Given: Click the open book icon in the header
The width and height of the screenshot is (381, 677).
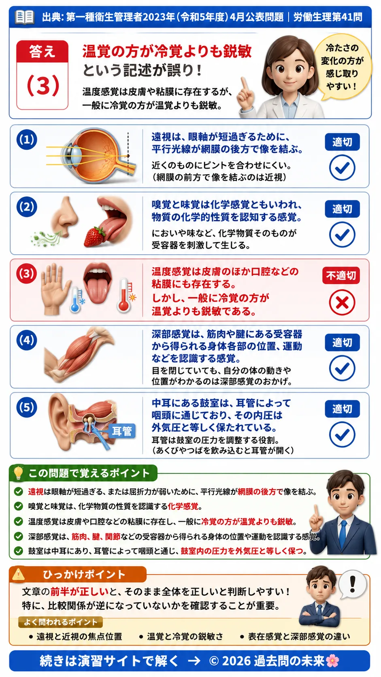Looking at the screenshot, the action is coord(25,17).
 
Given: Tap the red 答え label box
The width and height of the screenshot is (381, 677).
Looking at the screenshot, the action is coord(42,51).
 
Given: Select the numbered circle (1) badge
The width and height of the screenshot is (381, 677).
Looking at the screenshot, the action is coord(27,140).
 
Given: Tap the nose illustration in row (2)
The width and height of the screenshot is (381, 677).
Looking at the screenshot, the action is coord(64,217).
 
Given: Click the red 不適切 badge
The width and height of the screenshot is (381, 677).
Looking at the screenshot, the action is coord(341,275).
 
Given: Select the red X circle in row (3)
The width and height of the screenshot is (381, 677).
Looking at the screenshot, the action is coord(342,302).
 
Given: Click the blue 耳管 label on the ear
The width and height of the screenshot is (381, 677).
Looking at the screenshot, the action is coord(122,431).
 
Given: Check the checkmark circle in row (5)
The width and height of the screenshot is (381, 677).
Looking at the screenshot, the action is coord(342,434).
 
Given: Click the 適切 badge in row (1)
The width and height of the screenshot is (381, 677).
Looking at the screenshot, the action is coord(342,142).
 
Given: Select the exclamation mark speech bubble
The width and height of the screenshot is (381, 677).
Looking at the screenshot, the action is coord(352,585).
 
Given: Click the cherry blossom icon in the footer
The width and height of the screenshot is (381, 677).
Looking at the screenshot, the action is coord(332,661).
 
